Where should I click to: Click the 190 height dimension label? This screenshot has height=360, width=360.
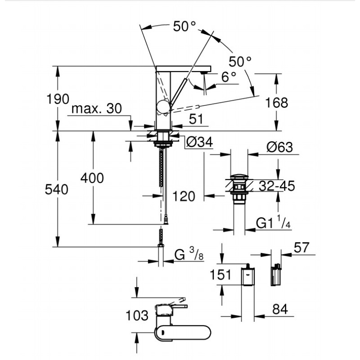[57, 99]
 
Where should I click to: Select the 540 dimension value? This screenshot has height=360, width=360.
[57, 190]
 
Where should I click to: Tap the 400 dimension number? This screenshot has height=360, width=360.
[92, 178]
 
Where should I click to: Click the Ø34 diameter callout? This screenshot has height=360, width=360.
[198, 143]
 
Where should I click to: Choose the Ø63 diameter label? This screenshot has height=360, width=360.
[279, 147]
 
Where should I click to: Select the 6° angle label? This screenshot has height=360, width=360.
[229, 77]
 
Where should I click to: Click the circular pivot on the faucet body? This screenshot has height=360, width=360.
[163, 107]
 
